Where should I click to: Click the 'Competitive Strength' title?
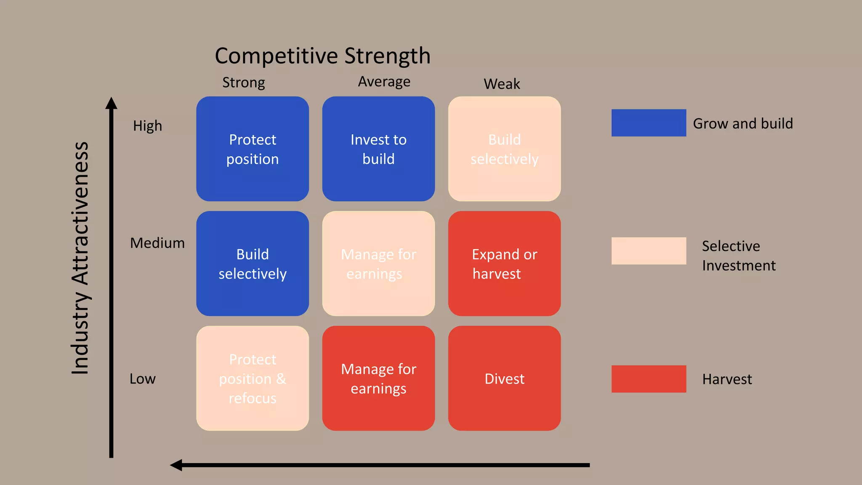322,56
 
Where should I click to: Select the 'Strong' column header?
243,83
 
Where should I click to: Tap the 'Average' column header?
384,82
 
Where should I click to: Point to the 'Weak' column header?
502,84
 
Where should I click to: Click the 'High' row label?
147,125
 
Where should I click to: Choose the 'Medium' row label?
157,243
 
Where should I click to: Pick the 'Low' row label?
142,378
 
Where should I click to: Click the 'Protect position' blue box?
253,149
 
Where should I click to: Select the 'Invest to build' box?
378,149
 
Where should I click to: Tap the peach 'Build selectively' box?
504,149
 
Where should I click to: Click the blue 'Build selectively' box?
253,264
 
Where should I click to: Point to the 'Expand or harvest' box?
504,264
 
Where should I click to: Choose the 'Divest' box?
504,378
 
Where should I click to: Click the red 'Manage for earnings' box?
378,378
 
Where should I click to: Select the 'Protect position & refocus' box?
253,378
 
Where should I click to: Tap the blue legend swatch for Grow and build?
649,123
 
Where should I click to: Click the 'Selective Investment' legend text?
738,256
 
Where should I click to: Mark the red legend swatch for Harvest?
649,379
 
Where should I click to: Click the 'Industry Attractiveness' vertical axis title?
80,258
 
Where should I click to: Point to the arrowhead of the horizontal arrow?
176,465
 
